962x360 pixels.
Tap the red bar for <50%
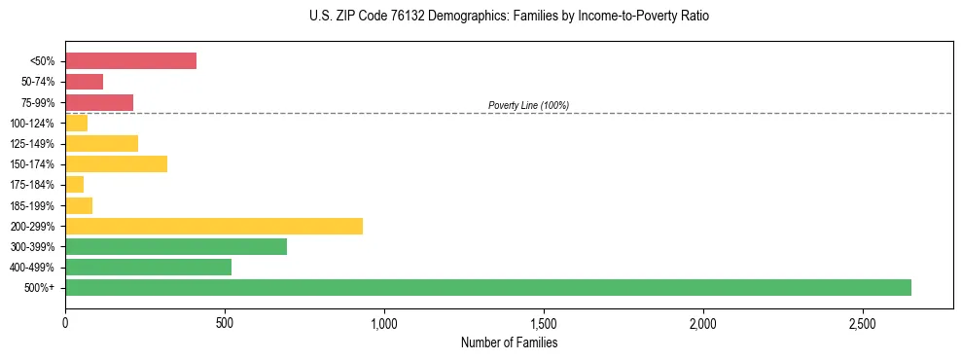pyautogui.click(x=130, y=61)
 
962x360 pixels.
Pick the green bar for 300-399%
pyautogui.click(x=176, y=246)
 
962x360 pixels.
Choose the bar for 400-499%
pyautogui.click(x=148, y=267)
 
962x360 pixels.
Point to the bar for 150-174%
pyautogui.click(x=116, y=163)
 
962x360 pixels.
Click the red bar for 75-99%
pyautogui.click(x=99, y=102)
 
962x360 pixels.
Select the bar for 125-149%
pyautogui.click(x=101, y=143)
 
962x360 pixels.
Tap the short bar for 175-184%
pyautogui.click(x=74, y=184)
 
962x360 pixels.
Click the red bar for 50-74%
pyautogui.click(x=84, y=82)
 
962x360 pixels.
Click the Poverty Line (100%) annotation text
pyautogui.click(x=528, y=105)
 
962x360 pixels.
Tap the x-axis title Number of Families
pyautogui.click(x=508, y=342)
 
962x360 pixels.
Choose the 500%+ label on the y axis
pyautogui.click(x=39, y=288)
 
